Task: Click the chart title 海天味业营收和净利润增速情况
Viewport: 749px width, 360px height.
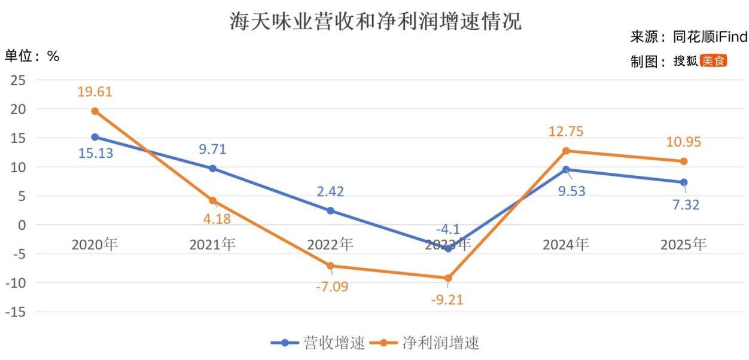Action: pyautogui.click(x=376, y=22)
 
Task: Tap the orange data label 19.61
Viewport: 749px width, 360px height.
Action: pyautogui.click(x=95, y=91)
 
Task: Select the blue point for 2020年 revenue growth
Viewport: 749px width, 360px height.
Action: pyautogui.click(x=95, y=137)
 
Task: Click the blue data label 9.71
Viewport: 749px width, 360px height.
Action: pyautogui.click(x=212, y=150)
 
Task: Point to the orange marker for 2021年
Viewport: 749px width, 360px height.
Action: pyautogui.click(x=212, y=200)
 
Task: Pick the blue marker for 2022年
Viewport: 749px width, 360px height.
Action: pyautogui.click(x=330, y=210)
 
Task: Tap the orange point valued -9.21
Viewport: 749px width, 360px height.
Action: pyautogui.click(x=448, y=278)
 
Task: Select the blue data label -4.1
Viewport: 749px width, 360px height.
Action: pyautogui.click(x=448, y=230)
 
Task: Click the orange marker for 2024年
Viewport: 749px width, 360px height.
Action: pyautogui.click(x=566, y=151)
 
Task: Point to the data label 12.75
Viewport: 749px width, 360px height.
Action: pyautogui.click(x=566, y=132)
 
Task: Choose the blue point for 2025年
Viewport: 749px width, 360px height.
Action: pyautogui.click(x=684, y=182)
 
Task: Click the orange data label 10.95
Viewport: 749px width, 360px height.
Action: pyautogui.click(x=684, y=142)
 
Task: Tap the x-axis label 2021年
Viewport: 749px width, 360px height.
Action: pyautogui.click(x=212, y=244)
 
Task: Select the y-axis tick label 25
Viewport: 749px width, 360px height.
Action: pyautogui.click(x=18, y=80)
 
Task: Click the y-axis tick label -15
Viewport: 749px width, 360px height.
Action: pyautogui.click(x=16, y=312)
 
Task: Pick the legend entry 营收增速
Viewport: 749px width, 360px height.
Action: pyautogui.click(x=318, y=343)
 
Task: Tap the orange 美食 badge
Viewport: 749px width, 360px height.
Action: pyautogui.click(x=713, y=61)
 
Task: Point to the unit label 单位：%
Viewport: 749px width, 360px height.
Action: pyautogui.click(x=32, y=56)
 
